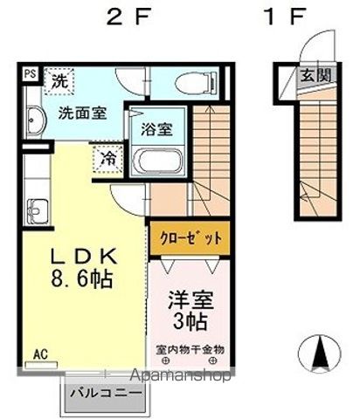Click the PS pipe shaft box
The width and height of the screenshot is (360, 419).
click(31, 74)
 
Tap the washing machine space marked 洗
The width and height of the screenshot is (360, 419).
click(59, 81)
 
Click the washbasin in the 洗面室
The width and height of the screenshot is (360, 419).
click(36, 120)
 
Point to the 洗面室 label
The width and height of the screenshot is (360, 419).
click(83, 113)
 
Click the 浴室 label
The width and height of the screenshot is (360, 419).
click(157, 129)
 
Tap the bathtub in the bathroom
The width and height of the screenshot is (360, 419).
click(157, 161)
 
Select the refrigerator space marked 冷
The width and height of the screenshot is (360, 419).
click(108, 159)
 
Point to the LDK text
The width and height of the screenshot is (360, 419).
click(85, 257)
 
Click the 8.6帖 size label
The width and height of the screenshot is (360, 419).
click(82, 278)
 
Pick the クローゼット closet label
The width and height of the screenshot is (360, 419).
click(190, 239)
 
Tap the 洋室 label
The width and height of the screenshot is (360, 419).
click(190, 300)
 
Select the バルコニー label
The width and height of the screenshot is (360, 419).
click(107, 394)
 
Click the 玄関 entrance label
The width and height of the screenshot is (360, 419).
click(316, 76)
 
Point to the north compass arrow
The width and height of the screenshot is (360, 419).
click(320, 353)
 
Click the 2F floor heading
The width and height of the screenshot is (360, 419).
click(129, 17)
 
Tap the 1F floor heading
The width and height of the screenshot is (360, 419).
click(285, 17)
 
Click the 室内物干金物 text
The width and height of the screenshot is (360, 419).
click(190, 349)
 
